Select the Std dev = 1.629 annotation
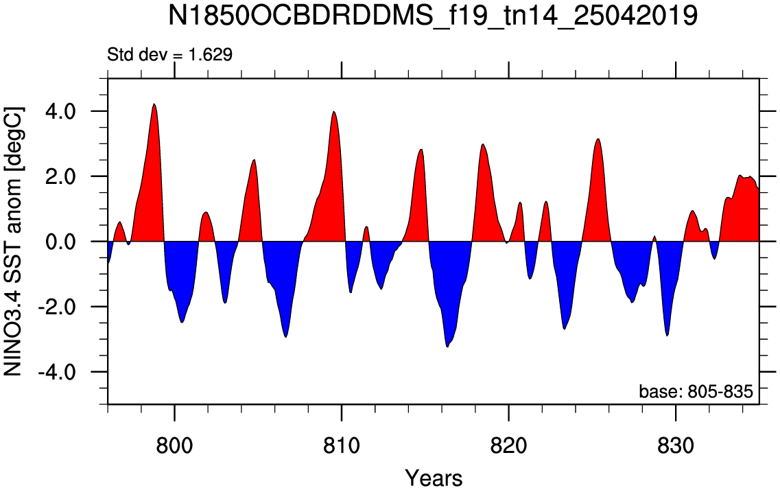[169, 54]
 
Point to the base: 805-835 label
[696, 392]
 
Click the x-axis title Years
[434, 478]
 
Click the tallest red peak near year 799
[154, 104]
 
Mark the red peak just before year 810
[334, 112]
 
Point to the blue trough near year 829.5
[667, 336]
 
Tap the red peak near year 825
[598, 139]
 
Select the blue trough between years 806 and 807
[285, 337]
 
